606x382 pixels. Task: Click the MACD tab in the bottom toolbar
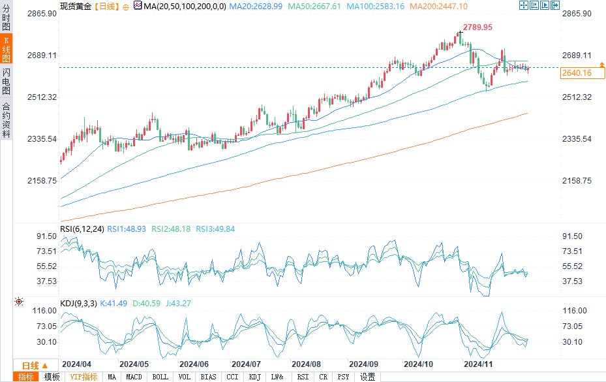(x=134, y=377)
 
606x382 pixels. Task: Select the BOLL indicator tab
(x=160, y=377)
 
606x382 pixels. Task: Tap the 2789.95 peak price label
(x=477, y=27)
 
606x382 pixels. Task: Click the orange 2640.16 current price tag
(x=576, y=73)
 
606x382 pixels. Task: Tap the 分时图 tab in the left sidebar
(x=6, y=18)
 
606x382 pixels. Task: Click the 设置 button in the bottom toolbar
(x=368, y=377)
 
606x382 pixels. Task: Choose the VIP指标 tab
(x=84, y=377)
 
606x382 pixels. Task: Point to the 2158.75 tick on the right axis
(x=577, y=181)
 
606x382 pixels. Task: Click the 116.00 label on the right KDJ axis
(x=574, y=311)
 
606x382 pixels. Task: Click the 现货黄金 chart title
(x=75, y=6)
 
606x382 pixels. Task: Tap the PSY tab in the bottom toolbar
(x=342, y=377)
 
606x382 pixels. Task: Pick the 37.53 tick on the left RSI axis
(x=48, y=281)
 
